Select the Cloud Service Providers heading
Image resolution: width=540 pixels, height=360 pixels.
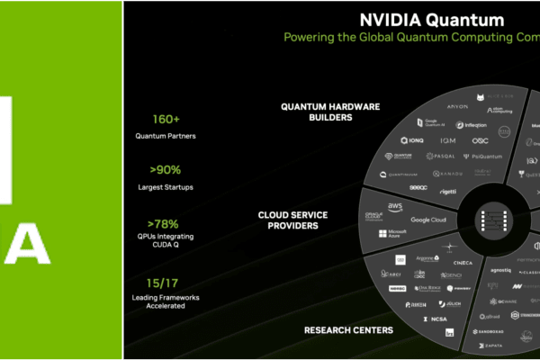click(292, 220)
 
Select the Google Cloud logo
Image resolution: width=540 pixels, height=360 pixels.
click(428, 220)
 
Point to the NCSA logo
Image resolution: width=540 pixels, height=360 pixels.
click(436, 319)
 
